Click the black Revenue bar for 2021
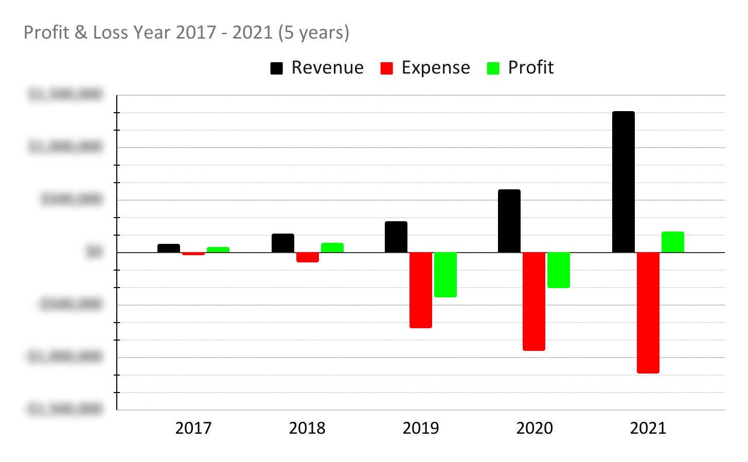click(623, 182)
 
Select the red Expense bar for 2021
click(648, 312)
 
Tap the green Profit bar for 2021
click(672, 242)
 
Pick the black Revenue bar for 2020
click(509, 221)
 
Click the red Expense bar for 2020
click(533, 301)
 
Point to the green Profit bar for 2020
click(558, 270)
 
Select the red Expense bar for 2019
click(420, 290)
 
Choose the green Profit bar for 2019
click(445, 274)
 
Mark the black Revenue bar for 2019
click(396, 237)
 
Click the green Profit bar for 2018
click(332, 247)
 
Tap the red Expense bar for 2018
click(307, 257)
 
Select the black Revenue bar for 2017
click(168, 248)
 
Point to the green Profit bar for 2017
click(218, 250)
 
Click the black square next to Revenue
click(277, 68)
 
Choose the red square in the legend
click(386, 68)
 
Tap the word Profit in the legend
click(530, 67)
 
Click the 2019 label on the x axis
click(420, 428)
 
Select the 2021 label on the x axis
click(648, 428)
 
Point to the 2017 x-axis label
click(193, 428)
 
